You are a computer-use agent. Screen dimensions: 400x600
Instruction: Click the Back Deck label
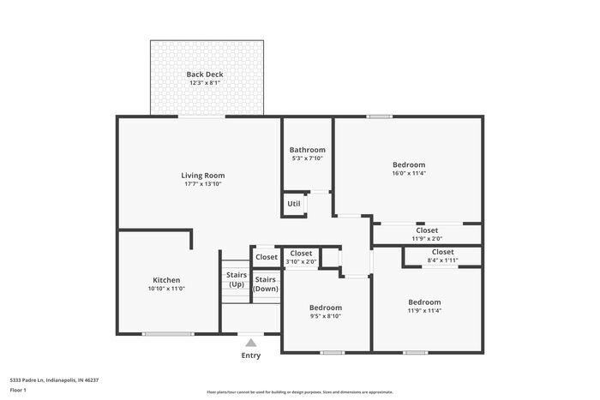pos(205,75)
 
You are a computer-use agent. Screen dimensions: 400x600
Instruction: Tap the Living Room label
pos(202,176)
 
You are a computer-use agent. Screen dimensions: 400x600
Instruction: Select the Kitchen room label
pos(166,280)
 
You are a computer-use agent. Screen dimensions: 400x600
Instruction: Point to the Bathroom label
pos(307,150)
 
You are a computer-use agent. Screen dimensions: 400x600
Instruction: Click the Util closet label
pos(294,204)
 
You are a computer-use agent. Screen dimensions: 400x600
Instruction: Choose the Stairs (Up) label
pos(237,279)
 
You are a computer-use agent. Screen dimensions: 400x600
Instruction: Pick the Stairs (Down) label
pos(266,284)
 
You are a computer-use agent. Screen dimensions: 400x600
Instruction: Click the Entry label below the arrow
pos(250,355)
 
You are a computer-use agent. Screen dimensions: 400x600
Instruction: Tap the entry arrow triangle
pos(250,343)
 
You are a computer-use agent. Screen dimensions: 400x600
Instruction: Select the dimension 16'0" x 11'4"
pos(409,173)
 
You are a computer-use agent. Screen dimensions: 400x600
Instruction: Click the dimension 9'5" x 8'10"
pos(326,316)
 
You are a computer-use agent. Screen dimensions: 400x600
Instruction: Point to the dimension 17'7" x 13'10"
pos(202,184)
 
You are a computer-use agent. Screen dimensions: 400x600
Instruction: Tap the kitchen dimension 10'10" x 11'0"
pos(166,289)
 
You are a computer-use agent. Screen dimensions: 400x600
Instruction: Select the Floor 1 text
pos(18,390)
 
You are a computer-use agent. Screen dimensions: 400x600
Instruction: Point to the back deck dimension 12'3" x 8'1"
pos(205,83)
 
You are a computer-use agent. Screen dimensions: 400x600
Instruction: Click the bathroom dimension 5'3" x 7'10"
pos(307,158)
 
